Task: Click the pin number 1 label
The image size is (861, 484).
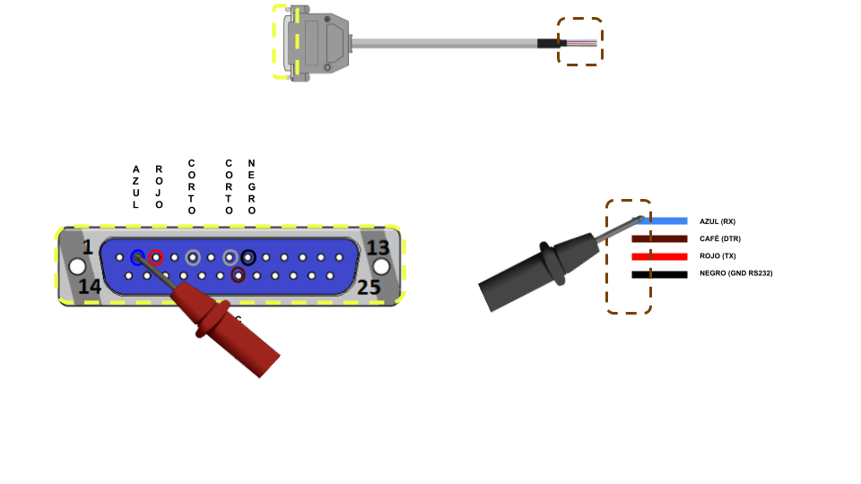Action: pyautogui.click(x=87, y=247)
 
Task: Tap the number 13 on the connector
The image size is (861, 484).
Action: pyautogui.click(x=378, y=247)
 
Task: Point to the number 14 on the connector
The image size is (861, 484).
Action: pyautogui.click(x=89, y=287)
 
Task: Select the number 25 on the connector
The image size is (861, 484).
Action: pyautogui.click(x=369, y=287)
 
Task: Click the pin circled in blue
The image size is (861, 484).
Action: pyautogui.click(x=137, y=258)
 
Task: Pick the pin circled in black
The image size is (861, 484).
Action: pyautogui.click(x=248, y=258)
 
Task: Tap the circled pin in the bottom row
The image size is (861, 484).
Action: pyautogui.click(x=238, y=275)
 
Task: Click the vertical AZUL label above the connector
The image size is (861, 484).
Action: pyautogui.click(x=135, y=186)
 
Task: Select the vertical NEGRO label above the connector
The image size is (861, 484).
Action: pyautogui.click(x=251, y=186)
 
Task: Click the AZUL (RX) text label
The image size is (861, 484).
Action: pyautogui.click(x=717, y=221)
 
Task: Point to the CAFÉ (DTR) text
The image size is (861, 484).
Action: pyautogui.click(x=720, y=238)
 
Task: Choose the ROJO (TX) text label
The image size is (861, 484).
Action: pyautogui.click(x=717, y=256)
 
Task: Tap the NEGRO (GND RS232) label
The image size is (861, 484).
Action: pyautogui.click(x=735, y=273)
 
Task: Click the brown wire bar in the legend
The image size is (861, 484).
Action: pyautogui.click(x=659, y=238)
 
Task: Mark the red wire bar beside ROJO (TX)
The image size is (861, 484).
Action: pyautogui.click(x=659, y=256)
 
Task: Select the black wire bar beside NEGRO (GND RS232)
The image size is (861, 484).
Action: pyautogui.click(x=659, y=274)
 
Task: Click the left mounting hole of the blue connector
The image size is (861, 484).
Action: pyautogui.click(x=77, y=267)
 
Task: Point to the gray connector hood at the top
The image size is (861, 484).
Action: pyautogui.click(x=317, y=43)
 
